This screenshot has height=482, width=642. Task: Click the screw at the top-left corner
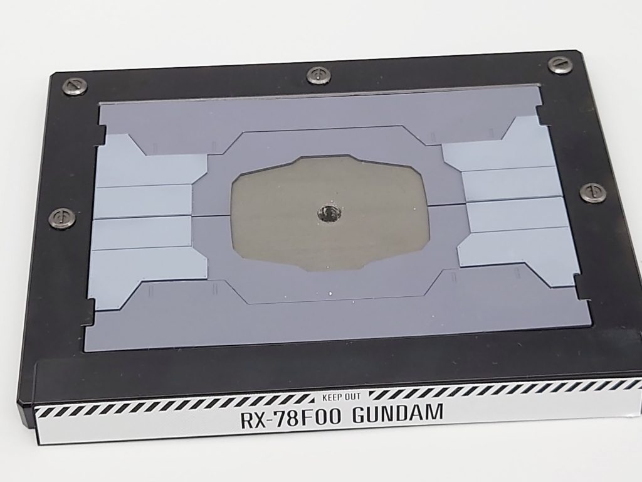coord(76,87)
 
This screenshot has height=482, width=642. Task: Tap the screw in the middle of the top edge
coord(318,75)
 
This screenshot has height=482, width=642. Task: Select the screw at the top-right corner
coord(559,65)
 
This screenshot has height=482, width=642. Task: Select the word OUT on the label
coord(352,397)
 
